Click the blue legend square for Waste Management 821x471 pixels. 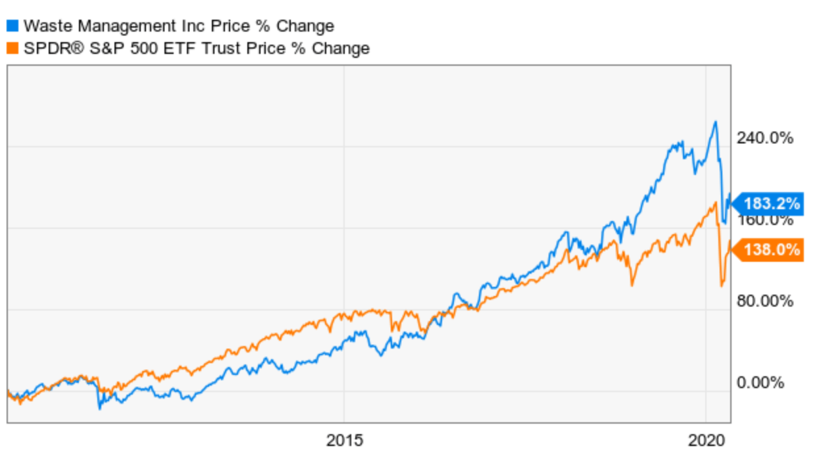click(12, 26)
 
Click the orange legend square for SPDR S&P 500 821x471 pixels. click(12, 48)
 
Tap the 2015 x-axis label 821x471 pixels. click(344, 441)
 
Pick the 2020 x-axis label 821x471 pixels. click(706, 441)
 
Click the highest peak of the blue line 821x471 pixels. click(715, 122)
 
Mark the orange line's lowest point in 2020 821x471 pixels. click(722, 285)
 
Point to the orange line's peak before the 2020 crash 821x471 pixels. click(715, 203)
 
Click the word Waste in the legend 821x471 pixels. click(43, 26)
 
